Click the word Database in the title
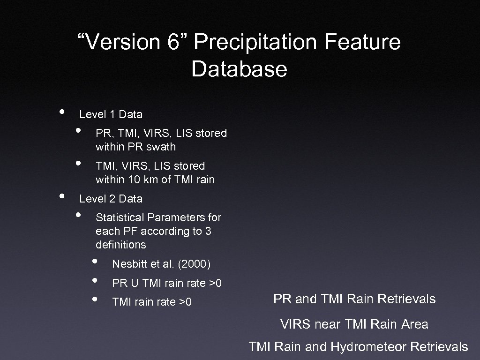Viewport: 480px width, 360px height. point(239,69)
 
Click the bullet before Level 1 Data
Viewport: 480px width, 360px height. point(61,112)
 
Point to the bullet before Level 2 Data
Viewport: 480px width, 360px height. point(61,196)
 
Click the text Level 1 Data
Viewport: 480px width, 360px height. point(111,114)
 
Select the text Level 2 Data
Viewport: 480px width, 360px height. point(111,199)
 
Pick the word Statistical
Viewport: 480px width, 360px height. point(120,217)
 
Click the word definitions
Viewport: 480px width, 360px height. point(120,245)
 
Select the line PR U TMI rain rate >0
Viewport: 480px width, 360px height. point(166,283)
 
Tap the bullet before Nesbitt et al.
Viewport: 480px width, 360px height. point(95,262)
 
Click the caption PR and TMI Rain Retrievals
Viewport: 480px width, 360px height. point(354,299)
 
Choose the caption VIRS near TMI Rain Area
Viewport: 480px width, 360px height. point(354,324)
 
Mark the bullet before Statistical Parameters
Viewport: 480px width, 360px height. point(78,215)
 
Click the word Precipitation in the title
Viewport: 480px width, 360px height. point(255,42)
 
